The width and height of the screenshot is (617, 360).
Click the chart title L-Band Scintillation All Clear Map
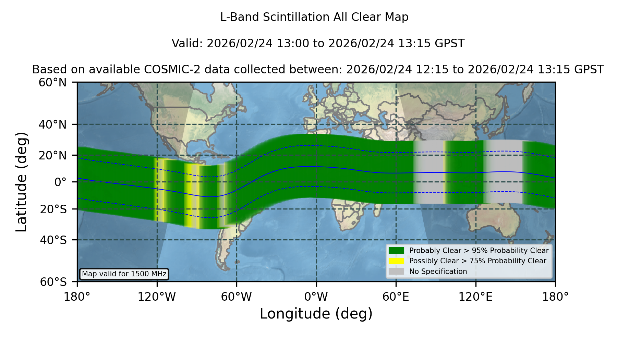(x=314, y=17)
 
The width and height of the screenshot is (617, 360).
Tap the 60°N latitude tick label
(x=53, y=83)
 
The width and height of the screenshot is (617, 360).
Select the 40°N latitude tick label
(x=53, y=124)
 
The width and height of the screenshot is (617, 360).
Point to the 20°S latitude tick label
(x=53, y=209)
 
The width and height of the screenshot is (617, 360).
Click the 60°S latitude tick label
(x=53, y=282)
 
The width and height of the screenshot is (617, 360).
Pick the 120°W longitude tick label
(x=157, y=297)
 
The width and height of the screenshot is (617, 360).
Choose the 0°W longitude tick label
(x=316, y=297)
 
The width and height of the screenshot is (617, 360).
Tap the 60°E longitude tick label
(x=396, y=297)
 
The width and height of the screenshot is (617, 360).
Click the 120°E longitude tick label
(x=476, y=297)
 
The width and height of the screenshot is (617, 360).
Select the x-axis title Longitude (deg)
(x=316, y=314)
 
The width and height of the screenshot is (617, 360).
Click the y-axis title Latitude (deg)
(x=21, y=182)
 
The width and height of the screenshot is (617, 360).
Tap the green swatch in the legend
(x=396, y=251)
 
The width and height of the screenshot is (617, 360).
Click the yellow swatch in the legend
(x=396, y=261)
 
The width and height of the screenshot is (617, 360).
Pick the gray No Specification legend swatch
(x=396, y=272)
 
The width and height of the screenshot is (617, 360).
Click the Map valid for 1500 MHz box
(x=124, y=274)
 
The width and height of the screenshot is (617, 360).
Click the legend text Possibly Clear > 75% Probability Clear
(x=477, y=261)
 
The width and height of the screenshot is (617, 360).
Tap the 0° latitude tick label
(x=60, y=182)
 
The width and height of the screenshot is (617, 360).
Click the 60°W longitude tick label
(x=237, y=297)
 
